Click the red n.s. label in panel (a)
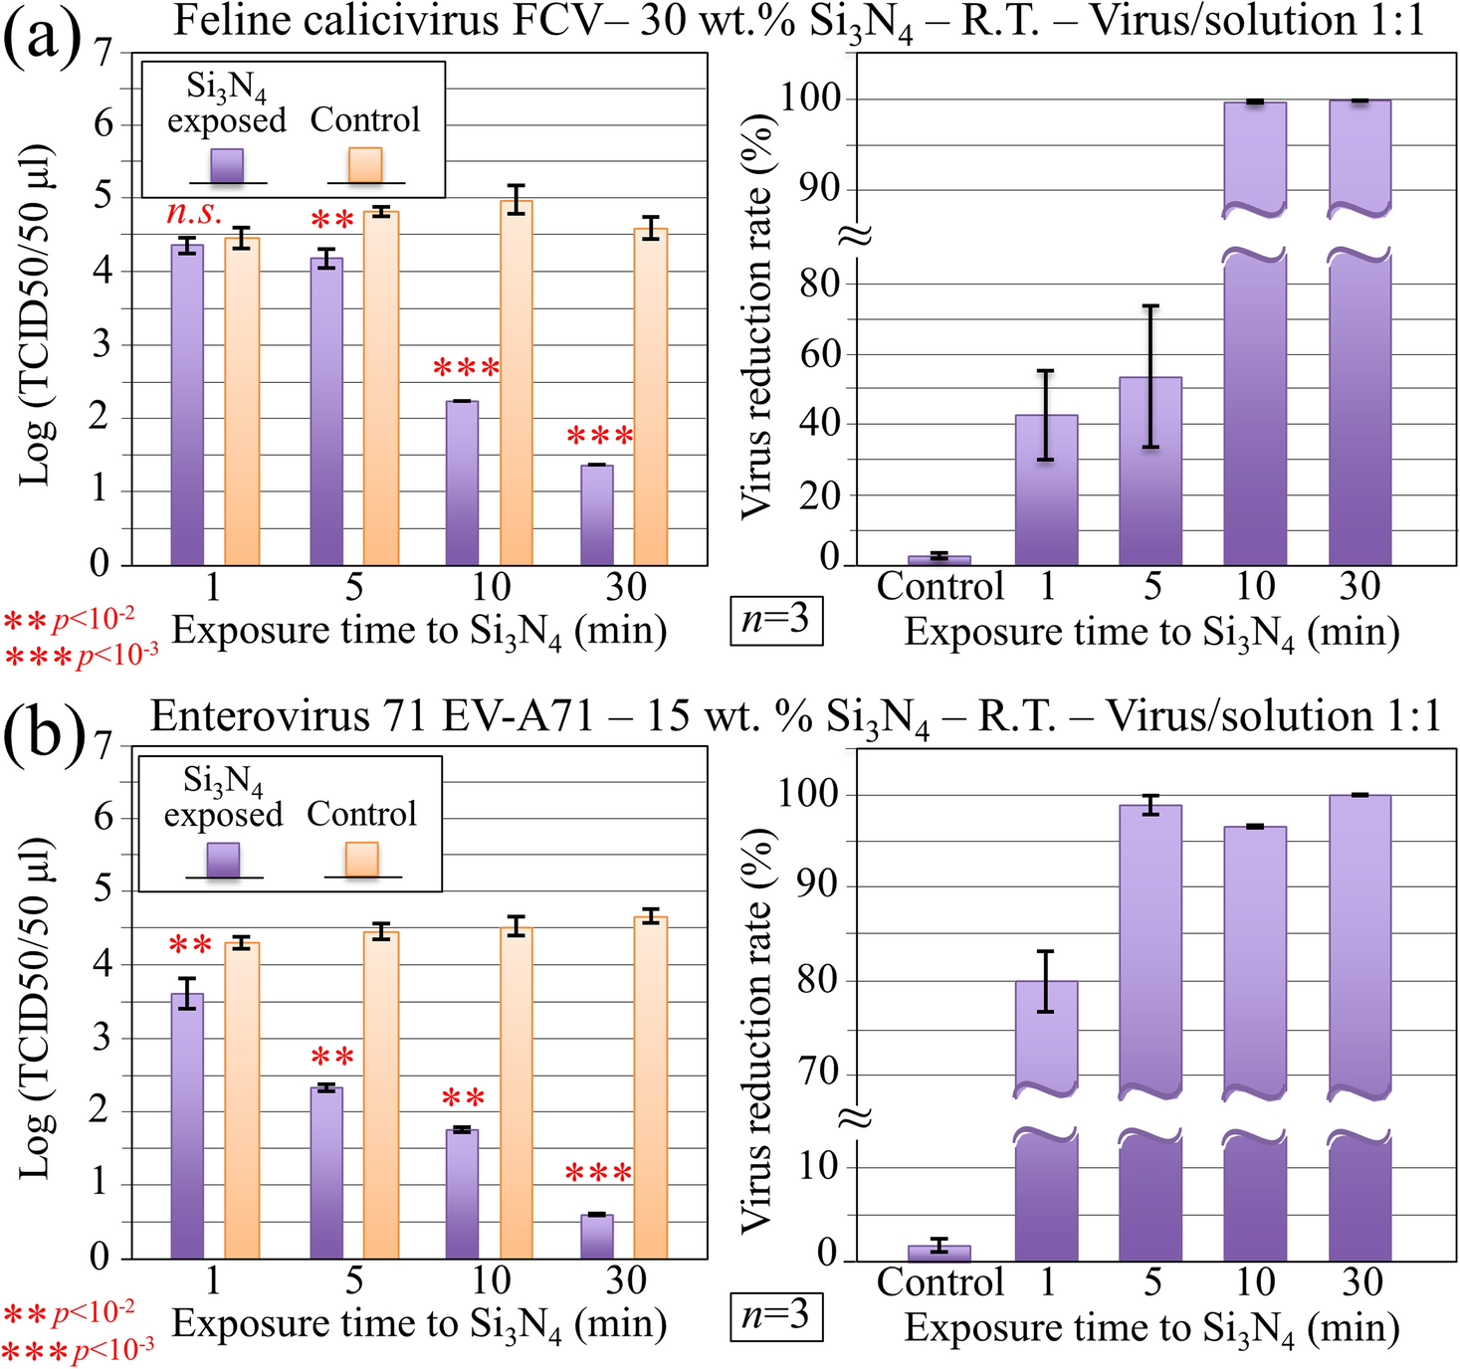[194, 213]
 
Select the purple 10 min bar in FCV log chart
[462, 483]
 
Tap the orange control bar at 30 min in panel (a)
[651, 398]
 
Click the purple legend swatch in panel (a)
[228, 165]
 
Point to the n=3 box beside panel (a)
[776, 620]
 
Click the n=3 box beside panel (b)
[776, 1315]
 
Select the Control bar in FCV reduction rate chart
[939, 560]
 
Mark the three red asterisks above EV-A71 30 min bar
[598, 1174]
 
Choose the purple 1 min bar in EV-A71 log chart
[187, 1124]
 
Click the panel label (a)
[42, 38]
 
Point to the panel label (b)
[42, 733]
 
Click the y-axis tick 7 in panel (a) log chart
[104, 52]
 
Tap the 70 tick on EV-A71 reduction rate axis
[818, 1073]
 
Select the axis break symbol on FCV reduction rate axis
[857, 235]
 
